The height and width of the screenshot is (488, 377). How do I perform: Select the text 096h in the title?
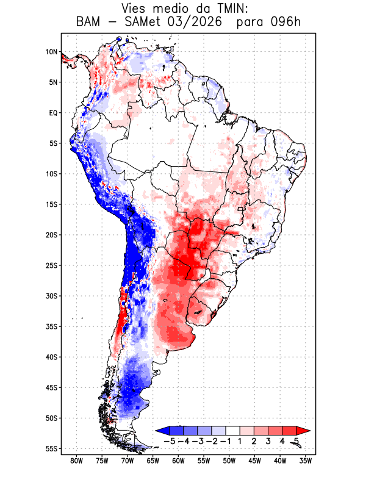click(x=285, y=22)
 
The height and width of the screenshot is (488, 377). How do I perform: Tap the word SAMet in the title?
click(x=143, y=22)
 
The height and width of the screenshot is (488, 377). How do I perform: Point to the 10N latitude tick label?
click(x=51, y=52)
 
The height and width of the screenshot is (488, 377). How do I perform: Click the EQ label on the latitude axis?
click(x=54, y=113)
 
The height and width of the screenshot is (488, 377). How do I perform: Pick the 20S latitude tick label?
click(x=51, y=235)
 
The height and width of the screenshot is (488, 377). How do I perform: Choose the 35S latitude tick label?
click(x=51, y=326)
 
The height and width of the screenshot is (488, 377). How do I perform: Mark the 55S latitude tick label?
click(x=51, y=449)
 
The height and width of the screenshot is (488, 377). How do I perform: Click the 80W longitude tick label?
click(x=77, y=461)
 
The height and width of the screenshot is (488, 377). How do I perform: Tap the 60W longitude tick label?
click(x=178, y=461)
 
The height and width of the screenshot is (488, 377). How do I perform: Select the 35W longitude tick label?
click(x=306, y=461)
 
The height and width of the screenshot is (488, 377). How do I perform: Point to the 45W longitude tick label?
click(x=254, y=461)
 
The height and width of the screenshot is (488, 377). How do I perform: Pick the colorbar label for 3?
click(x=268, y=441)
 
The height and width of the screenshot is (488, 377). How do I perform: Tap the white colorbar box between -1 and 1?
click(x=233, y=431)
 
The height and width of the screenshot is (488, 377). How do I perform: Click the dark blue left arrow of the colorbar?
click(x=163, y=431)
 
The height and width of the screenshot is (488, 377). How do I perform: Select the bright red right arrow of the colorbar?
click(x=303, y=431)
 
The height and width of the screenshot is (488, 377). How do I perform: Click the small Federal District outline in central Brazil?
click(x=240, y=209)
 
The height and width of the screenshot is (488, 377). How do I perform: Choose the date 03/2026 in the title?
click(x=195, y=22)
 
